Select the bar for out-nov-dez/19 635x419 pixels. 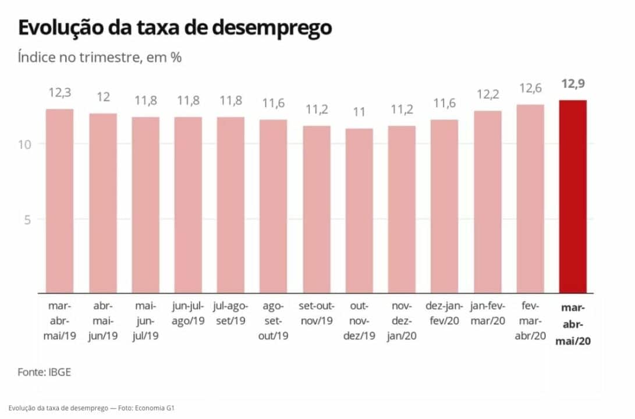(359, 211)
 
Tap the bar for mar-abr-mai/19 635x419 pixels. (60, 201)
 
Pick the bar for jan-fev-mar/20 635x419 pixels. (487, 202)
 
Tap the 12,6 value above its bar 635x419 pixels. (530, 89)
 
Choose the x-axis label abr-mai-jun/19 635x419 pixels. (103, 321)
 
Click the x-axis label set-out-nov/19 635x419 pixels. (316, 313)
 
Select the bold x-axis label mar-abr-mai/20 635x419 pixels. (573, 324)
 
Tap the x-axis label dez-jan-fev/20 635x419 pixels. (445, 313)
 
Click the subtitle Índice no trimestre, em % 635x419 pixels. (101, 58)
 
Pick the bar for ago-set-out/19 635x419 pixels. (274, 207)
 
